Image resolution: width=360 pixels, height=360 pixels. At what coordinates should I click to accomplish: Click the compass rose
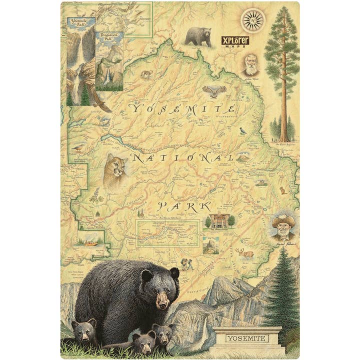[252, 20]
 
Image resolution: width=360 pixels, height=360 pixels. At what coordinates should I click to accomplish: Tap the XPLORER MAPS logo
[235, 41]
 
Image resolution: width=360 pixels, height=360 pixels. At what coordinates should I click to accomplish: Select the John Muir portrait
[251, 64]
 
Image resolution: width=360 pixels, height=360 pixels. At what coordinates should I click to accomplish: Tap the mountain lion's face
[115, 167]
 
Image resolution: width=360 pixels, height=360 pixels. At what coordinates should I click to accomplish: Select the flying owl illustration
[214, 91]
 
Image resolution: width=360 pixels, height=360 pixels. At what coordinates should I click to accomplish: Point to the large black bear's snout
[163, 300]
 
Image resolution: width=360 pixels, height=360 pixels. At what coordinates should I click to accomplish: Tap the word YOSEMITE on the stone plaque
[247, 338]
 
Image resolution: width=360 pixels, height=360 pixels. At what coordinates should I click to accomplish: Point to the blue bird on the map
[243, 130]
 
